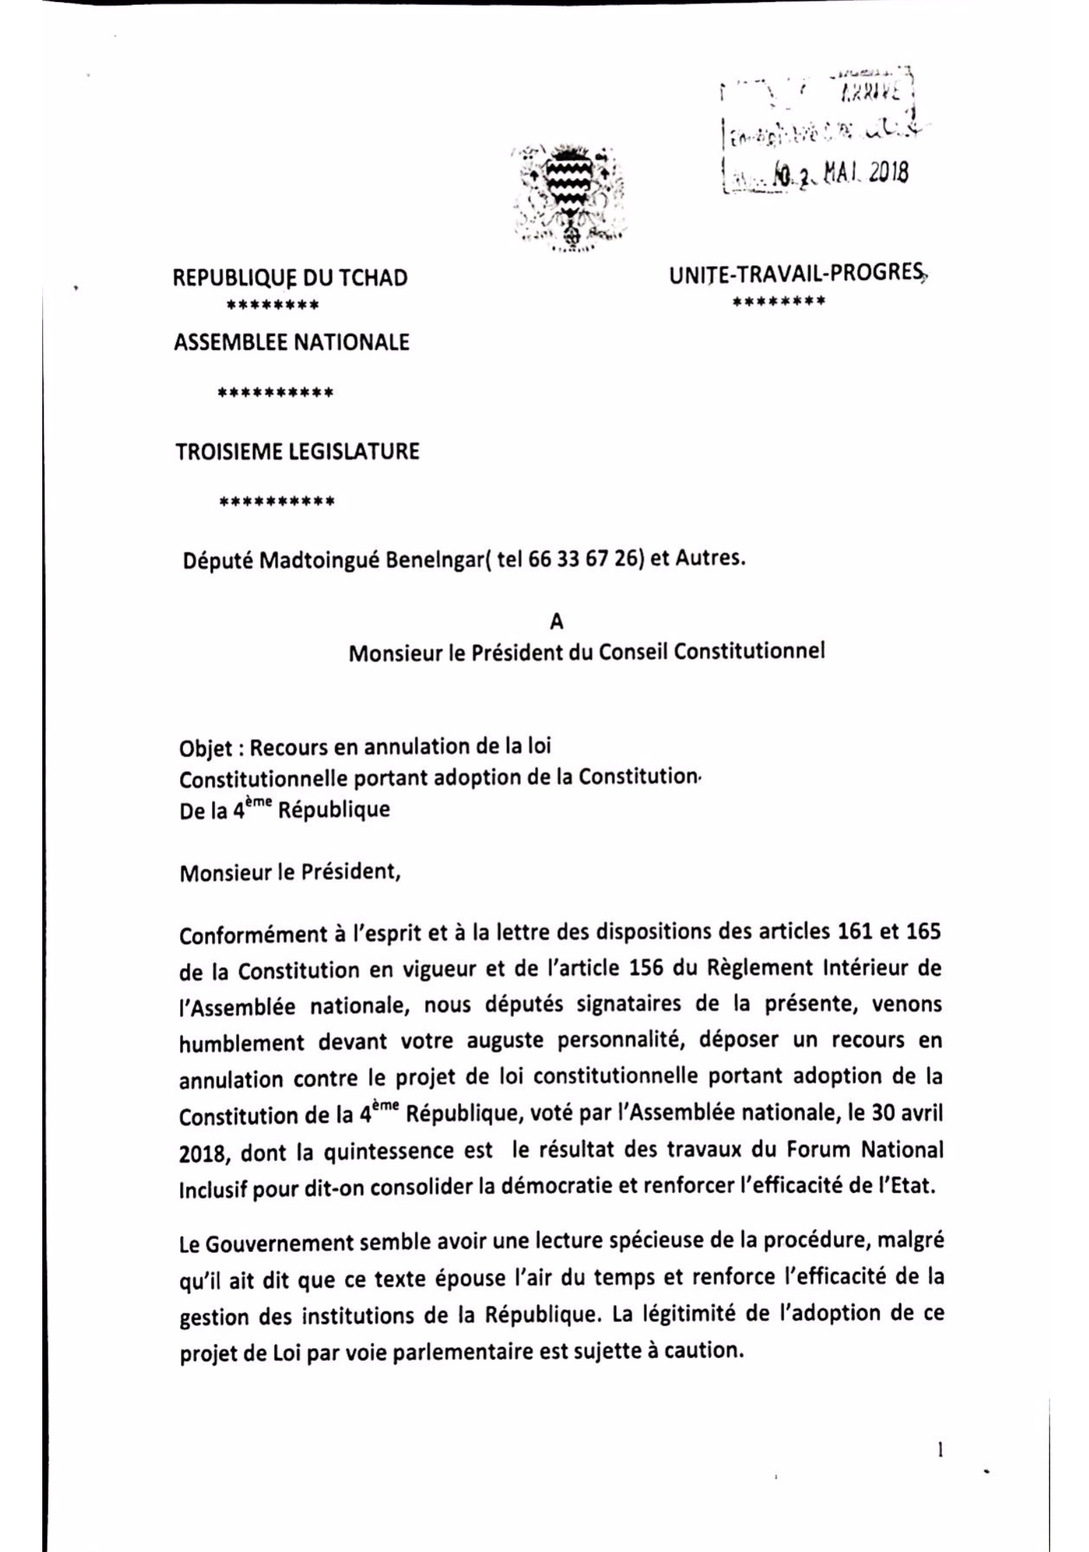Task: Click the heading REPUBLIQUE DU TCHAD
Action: [290, 278]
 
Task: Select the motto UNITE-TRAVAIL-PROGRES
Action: [797, 274]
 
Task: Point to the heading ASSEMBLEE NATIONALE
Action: [291, 342]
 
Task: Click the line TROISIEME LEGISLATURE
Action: [297, 452]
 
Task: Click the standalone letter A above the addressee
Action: [556, 621]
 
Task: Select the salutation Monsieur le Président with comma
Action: [290, 872]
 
